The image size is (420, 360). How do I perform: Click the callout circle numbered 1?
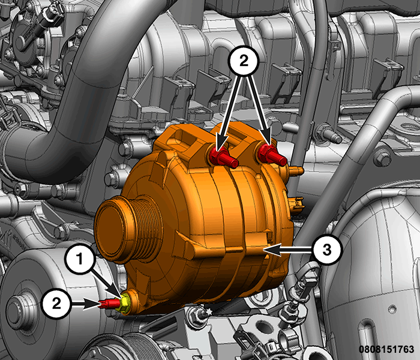coord(80,259)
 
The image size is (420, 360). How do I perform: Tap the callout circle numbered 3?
coord(327,250)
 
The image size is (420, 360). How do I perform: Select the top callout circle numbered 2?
coord(244,61)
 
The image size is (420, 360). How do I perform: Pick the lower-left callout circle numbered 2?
coord(56,304)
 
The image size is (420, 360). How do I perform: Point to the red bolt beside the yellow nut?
coord(109,304)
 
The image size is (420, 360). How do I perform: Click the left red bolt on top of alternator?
coord(223,157)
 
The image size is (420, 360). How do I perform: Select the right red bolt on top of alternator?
coord(272,155)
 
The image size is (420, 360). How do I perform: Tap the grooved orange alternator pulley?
coord(128,229)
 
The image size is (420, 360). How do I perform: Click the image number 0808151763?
coord(386,349)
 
